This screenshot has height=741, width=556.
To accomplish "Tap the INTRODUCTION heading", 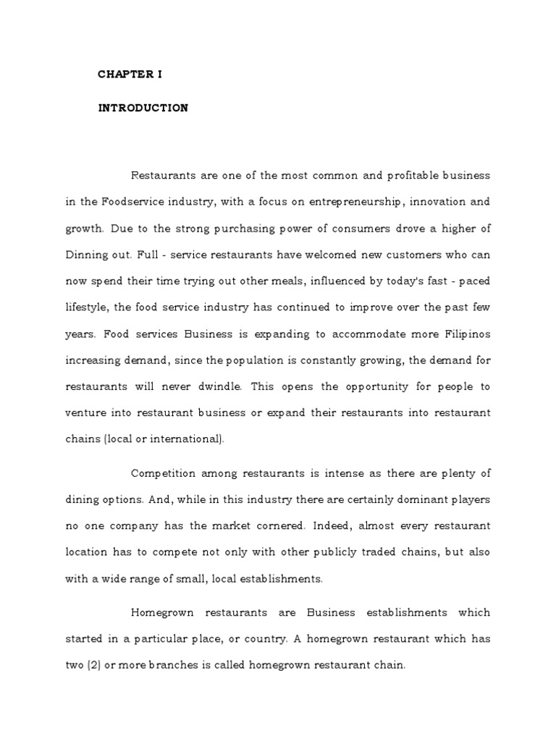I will pos(143,108).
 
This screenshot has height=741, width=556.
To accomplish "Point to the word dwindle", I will pos(222,386).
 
